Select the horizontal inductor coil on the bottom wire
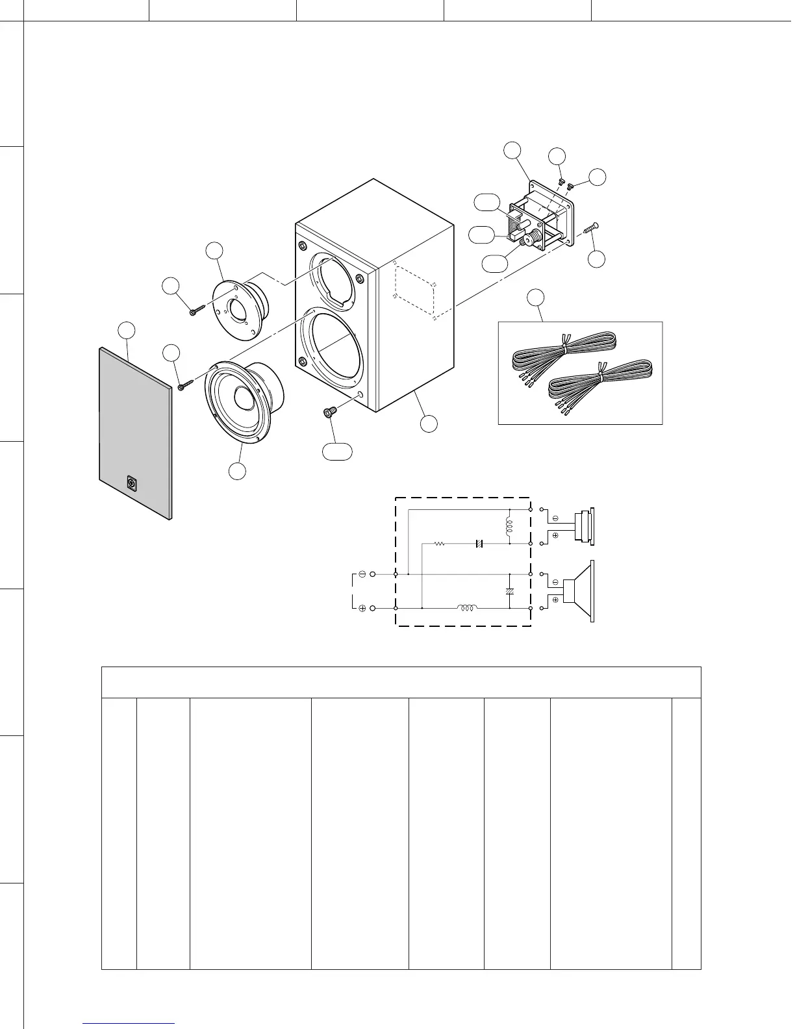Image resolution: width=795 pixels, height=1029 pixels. [x=468, y=608]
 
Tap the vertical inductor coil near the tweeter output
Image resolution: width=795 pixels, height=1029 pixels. [x=509, y=527]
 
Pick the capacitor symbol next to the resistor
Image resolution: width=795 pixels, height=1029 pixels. [x=479, y=543]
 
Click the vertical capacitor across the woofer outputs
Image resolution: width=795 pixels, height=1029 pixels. [x=509, y=592]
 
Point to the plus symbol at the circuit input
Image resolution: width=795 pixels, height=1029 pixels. [x=362, y=608]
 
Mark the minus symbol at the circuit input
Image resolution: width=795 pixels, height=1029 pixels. [x=362, y=574]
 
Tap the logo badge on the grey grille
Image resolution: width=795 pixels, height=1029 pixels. [x=132, y=484]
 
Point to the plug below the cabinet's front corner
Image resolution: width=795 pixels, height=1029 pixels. [x=329, y=411]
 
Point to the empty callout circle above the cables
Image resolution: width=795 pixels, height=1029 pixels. [x=535, y=298]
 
